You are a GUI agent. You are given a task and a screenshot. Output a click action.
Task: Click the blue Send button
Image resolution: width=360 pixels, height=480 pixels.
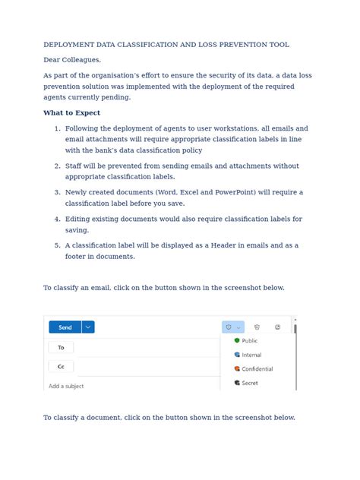pyautogui.click(x=65, y=327)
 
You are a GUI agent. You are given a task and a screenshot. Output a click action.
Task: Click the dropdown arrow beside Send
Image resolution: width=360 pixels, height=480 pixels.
pyautogui.click(x=88, y=327)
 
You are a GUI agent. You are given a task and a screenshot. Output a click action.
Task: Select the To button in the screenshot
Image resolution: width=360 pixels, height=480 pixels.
pyautogui.click(x=61, y=347)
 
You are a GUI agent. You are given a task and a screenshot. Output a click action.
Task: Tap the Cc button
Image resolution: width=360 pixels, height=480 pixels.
pyautogui.click(x=61, y=366)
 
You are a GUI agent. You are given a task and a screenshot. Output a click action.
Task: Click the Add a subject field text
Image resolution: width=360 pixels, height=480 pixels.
pyautogui.click(x=66, y=386)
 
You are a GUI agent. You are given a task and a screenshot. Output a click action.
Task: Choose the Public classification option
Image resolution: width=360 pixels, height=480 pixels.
pyautogui.click(x=249, y=341)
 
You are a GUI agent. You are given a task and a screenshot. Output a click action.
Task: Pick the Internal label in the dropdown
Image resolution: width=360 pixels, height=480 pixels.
pyautogui.click(x=251, y=355)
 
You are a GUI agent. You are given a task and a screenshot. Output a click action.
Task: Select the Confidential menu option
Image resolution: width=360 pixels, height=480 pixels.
pyautogui.click(x=257, y=369)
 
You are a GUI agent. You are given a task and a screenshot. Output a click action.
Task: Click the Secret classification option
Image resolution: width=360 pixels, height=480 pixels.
pyautogui.click(x=249, y=383)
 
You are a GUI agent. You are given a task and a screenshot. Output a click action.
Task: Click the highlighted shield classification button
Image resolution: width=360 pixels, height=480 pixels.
pyautogui.click(x=229, y=327)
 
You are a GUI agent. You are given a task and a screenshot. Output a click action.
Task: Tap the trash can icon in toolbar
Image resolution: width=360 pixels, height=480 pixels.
pyautogui.click(x=257, y=327)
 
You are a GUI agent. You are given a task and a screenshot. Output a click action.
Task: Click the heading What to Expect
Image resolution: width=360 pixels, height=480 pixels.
pyautogui.click(x=71, y=112)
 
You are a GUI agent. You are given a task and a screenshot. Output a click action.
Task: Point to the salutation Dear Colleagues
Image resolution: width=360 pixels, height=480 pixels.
pyautogui.click(x=72, y=59)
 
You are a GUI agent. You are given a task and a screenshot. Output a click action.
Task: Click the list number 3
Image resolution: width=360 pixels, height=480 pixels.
pyautogui.click(x=57, y=192)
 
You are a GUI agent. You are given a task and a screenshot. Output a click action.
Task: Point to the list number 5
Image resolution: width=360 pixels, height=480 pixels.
pyautogui.click(x=57, y=245)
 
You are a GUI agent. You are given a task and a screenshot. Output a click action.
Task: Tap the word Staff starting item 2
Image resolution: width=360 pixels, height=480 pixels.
pyautogui.click(x=74, y=166)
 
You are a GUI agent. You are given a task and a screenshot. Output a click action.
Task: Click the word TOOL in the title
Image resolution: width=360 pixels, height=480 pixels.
pyautogui.click(x=278, y=45)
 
